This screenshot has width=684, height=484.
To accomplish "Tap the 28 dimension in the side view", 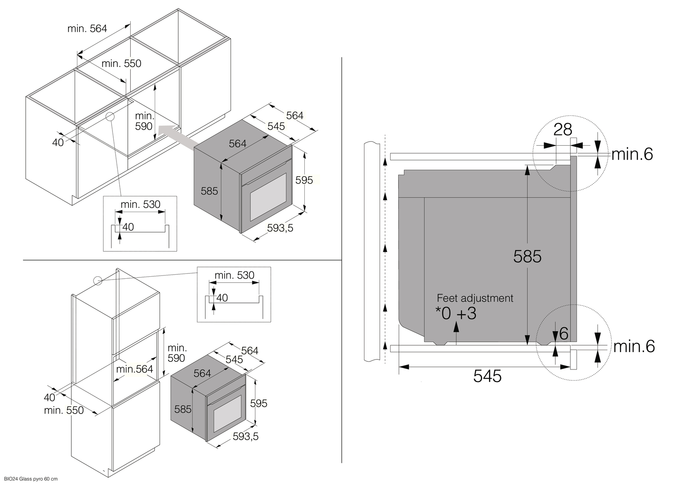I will pos(563,129).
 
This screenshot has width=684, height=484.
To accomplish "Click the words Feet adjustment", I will pos(475,298).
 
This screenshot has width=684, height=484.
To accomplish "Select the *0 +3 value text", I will pos(456,313).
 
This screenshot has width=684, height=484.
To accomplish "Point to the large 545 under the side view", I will pos(487,376).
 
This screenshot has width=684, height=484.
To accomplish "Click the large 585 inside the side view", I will pos(527,256).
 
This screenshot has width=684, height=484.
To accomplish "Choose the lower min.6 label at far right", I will pos(634,346).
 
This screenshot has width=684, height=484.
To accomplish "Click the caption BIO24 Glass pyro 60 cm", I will pos(29,479).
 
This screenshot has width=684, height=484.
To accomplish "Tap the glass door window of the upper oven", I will pos(268,197).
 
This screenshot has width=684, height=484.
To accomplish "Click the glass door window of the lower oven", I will pos(227,416).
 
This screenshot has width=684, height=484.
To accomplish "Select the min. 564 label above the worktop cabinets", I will pos(87,28).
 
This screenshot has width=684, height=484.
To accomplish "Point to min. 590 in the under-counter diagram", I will pos(144,121).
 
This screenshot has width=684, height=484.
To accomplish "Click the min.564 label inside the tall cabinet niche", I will pos(135,369).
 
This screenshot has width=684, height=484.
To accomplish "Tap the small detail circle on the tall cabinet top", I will pos(98,281).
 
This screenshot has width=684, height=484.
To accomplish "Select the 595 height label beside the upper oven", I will pos(304,180).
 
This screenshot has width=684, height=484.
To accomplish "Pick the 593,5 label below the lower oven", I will pos(245,436).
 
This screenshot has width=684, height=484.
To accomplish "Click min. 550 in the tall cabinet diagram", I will pos(64,410).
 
